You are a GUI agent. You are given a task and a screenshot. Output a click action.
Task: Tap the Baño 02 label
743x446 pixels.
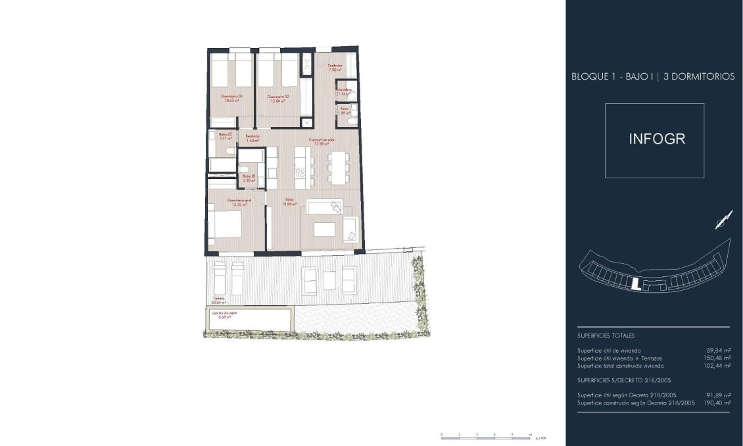(x=226, y=134)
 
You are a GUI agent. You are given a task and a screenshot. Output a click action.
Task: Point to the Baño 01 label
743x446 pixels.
(x=248, y=176)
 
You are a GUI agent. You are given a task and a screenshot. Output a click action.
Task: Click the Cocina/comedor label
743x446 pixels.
(x=322, y=140)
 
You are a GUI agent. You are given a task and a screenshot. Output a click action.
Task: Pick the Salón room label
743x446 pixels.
(x=289, y=200)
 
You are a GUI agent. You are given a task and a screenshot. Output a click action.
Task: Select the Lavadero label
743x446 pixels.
(x=344, y=89)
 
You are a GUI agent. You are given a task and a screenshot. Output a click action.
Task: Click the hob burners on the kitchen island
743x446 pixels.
(x=300, y=173)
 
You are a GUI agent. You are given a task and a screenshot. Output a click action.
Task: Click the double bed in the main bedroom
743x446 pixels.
(x=226, y=225)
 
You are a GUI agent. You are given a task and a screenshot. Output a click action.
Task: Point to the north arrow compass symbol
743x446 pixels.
(x=723, y=219)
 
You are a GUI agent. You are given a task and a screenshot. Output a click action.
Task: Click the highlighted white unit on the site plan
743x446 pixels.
(x=635, y=284)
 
